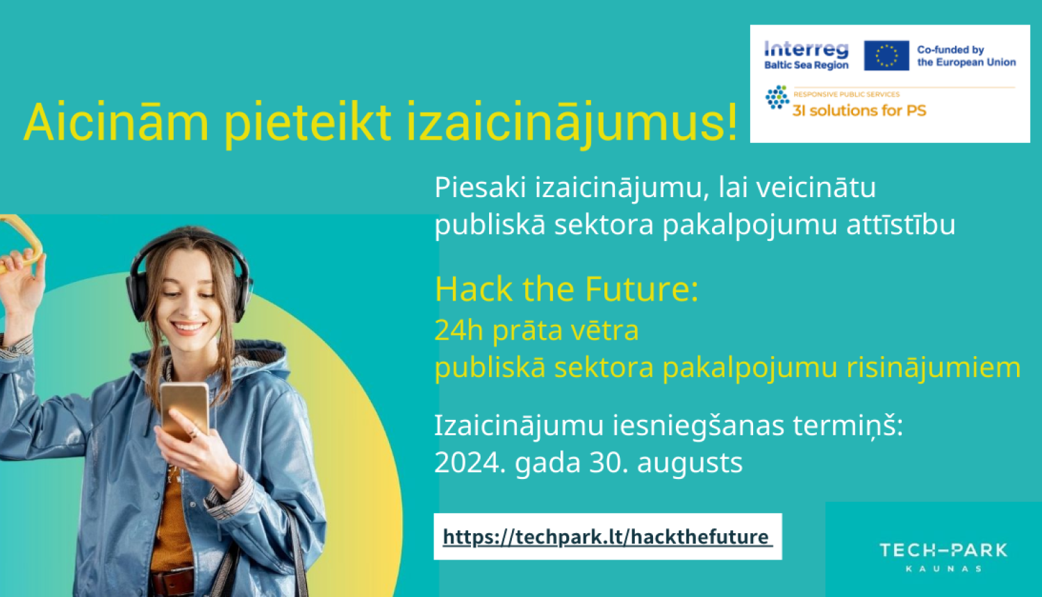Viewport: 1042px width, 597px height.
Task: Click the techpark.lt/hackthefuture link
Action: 606,537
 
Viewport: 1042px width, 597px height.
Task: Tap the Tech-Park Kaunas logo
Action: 943,556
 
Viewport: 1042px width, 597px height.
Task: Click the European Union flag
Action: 886,56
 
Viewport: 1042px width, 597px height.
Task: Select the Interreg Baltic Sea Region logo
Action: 806,56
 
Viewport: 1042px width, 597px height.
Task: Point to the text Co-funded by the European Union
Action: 966,56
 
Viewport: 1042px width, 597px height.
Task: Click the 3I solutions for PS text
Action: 859,110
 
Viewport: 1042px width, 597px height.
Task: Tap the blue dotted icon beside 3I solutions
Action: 777,98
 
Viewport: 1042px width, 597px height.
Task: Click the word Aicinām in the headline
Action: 116,122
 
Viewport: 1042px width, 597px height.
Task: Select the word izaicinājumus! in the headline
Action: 571,122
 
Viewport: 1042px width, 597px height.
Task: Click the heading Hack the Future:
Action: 566,289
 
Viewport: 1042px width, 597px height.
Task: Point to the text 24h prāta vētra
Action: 536,330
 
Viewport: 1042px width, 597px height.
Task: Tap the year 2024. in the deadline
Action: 470,462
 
